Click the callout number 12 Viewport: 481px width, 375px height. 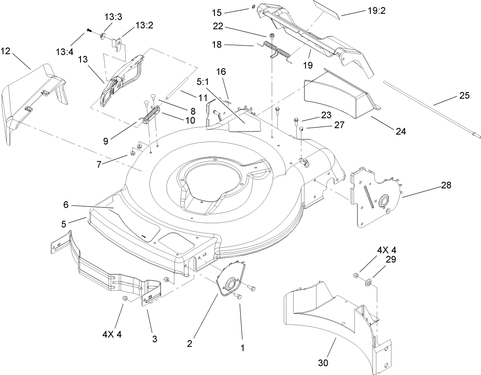(x=6, y=51)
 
